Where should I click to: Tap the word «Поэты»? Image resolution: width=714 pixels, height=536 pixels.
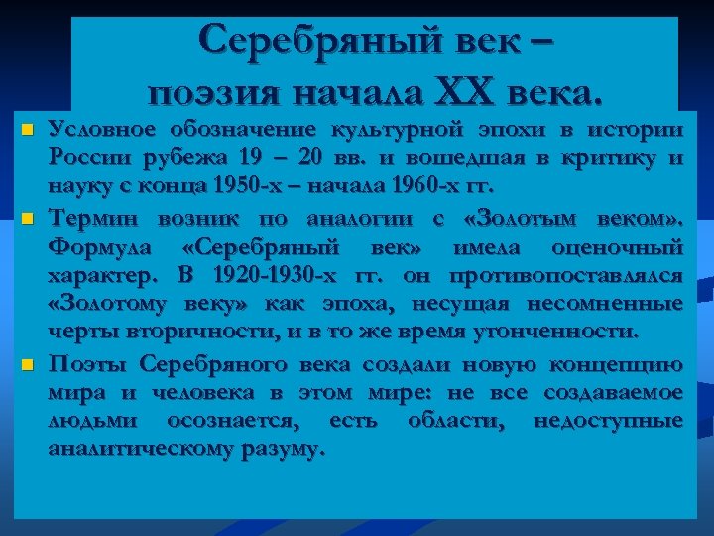(85, 364)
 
